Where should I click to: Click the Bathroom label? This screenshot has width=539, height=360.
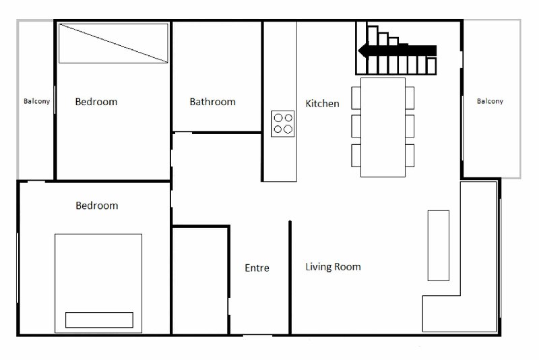212,102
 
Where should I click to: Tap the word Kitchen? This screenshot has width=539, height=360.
322,104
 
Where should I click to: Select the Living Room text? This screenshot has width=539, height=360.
333,267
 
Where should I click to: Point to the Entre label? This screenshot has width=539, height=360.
257,268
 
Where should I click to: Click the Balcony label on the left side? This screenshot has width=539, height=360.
37,101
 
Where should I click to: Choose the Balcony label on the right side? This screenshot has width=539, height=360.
490,101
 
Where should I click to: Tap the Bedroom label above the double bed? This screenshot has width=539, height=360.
96,206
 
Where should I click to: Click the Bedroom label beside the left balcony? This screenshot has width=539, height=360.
96,102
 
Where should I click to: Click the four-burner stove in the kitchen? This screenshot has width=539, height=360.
282,124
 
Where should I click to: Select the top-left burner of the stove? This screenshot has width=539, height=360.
278,118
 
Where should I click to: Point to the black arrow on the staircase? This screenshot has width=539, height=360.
397,51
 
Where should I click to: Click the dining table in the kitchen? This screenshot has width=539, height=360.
383,127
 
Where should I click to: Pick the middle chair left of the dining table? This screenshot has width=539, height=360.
356,126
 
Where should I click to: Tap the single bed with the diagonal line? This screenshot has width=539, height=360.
113,43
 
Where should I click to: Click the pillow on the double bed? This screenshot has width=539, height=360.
99,320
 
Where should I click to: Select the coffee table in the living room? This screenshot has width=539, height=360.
439,245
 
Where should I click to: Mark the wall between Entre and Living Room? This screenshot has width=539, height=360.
290,278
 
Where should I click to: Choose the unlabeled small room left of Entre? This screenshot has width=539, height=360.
200,280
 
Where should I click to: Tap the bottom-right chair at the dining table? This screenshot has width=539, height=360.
410,156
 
